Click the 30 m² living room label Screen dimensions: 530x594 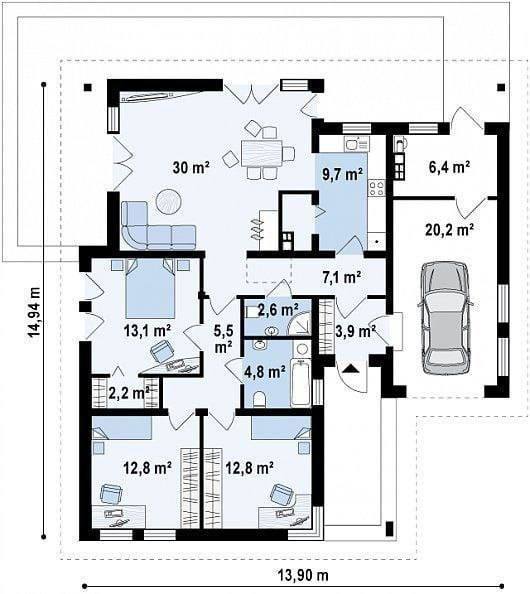click(191, 167)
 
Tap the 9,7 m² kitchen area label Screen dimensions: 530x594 click(342, 174)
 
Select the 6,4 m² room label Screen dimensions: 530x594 click(449, 167)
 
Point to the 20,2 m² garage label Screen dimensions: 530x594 click(450, 229)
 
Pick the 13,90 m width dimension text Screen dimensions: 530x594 click(303, 575)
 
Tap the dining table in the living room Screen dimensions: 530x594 click(262, 153)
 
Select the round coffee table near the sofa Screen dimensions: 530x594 click(169, 201)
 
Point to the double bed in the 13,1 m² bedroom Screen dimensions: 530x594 click(150, 288)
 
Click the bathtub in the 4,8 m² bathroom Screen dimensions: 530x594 click(301, 383)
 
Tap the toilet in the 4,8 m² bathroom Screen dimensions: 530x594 click(260, 399)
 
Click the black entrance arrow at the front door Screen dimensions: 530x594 click(351, 368)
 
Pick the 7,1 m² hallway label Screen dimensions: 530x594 click(341, 278)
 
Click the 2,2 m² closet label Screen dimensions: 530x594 click(129, 393)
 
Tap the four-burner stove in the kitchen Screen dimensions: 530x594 click(377, 188)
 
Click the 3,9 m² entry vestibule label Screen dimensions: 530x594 click(355, 331)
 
